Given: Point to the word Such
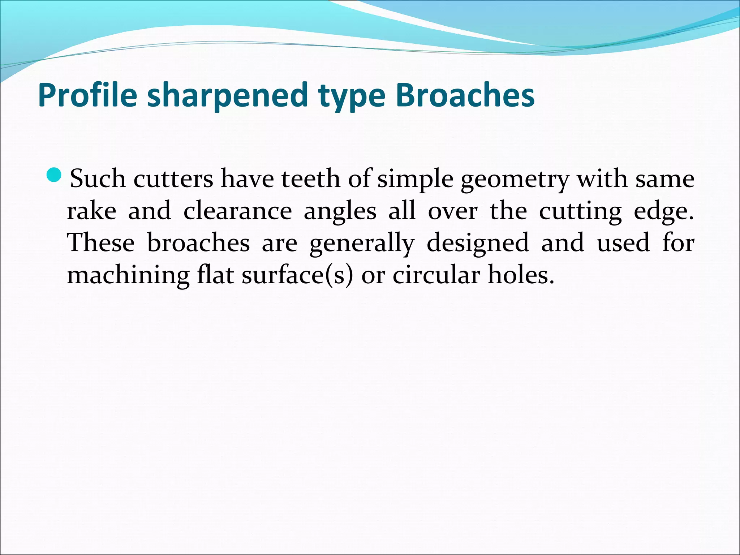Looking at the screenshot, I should point(98,178).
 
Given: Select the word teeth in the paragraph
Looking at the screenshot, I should point(311,178).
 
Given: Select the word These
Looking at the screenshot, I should point(101,242).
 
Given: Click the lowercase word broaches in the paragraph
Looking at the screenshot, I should point(198,242).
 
